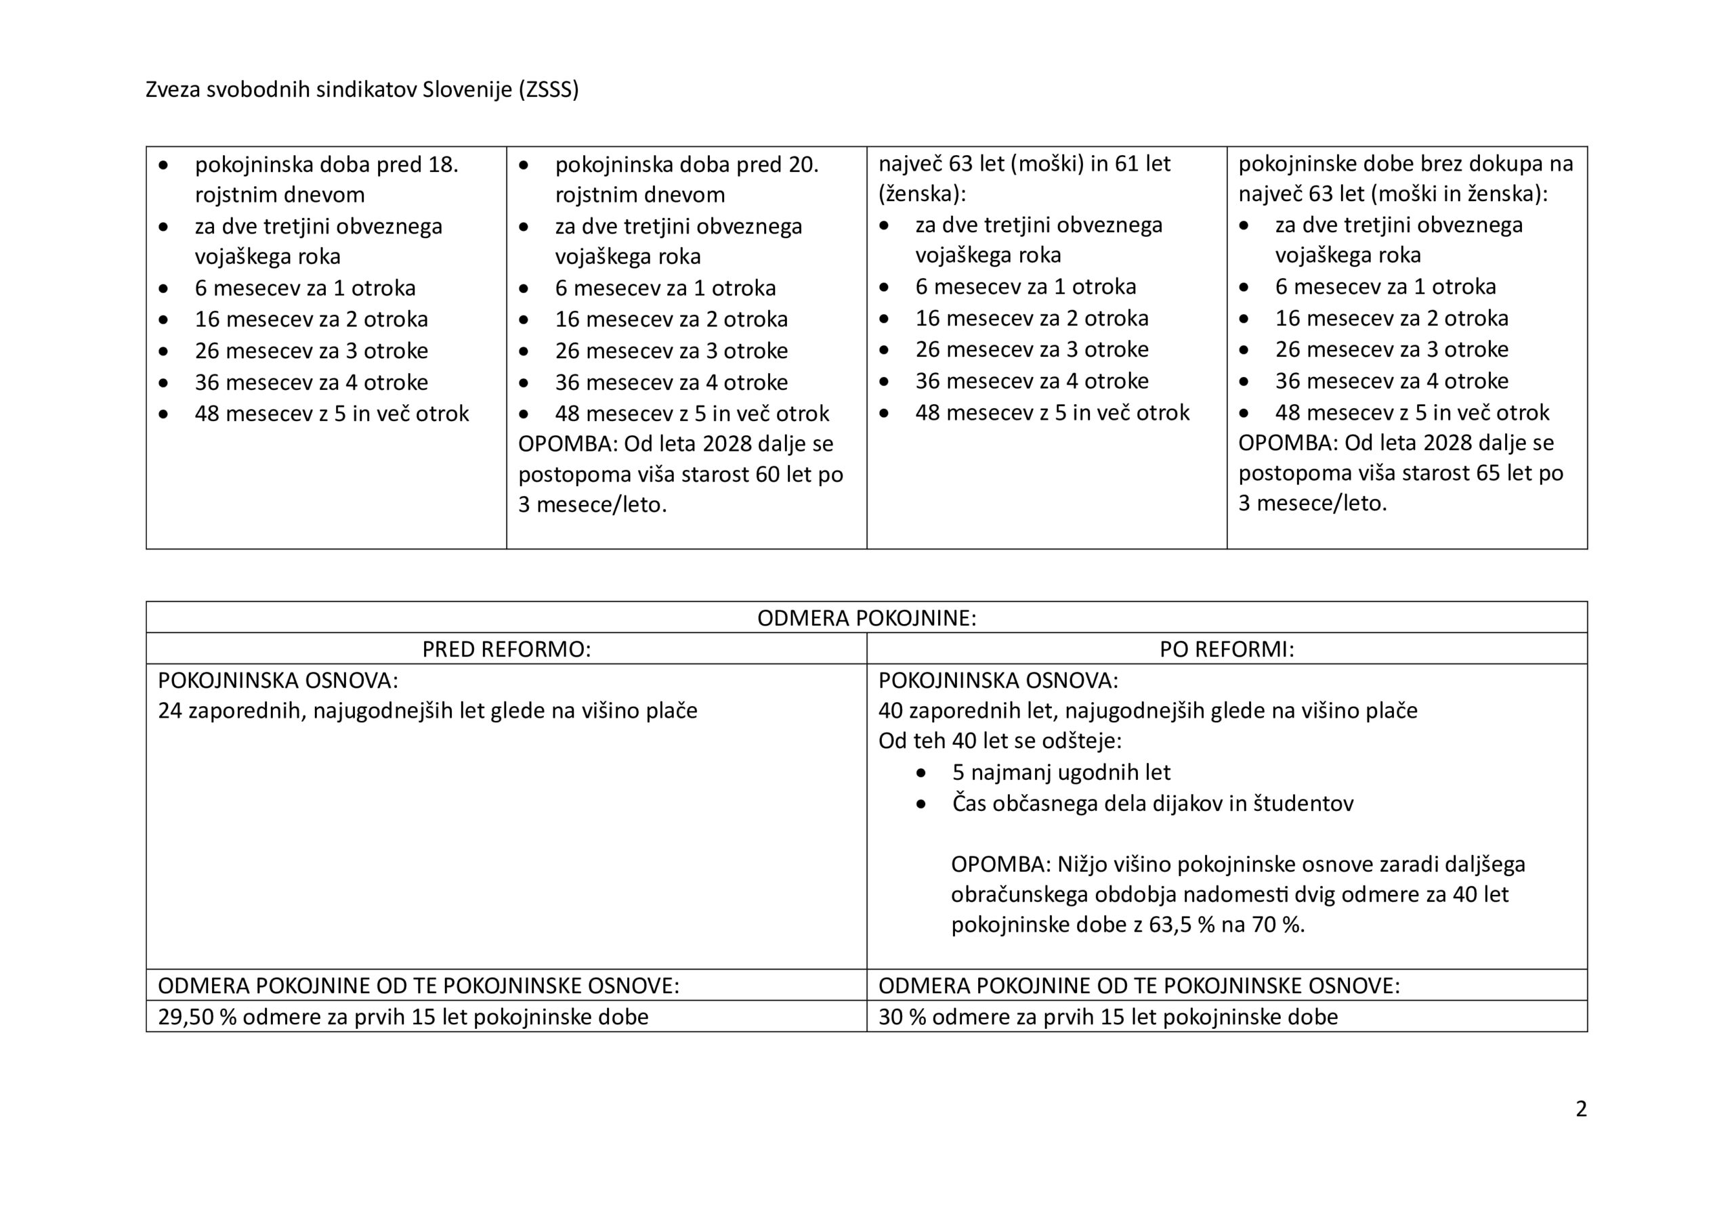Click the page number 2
coord(1581,1109)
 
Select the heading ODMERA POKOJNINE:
coord(866,618)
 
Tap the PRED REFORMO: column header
coord(506,649)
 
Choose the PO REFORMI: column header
coord(1227,649)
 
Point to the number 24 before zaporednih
coord(170,711)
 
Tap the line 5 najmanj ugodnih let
coord(1061,772)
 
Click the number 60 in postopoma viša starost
coord(772,474)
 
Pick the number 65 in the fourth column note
coord(1492,473)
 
